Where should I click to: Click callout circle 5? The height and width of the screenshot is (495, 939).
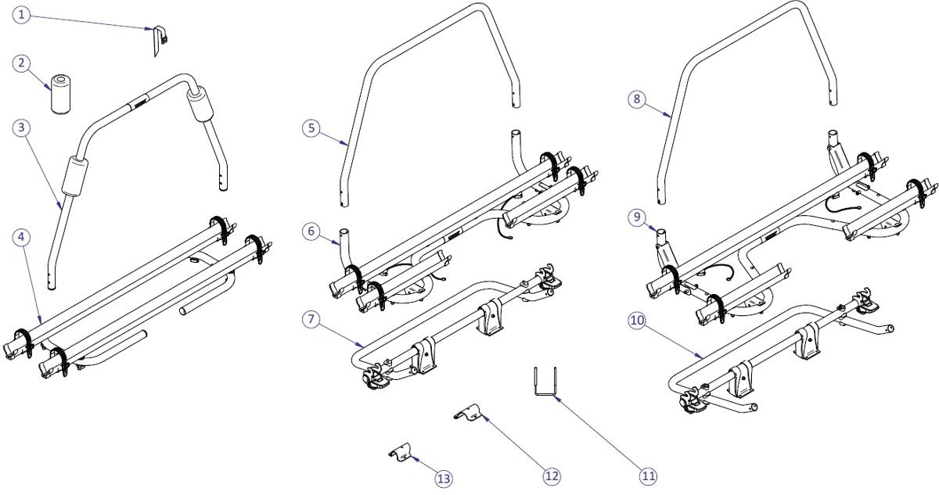pos(311,127)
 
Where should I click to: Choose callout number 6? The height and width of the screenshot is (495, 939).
pos(311,231)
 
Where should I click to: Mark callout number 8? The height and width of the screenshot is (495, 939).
pos(638,99)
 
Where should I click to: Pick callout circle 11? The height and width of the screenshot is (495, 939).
pos(649,475)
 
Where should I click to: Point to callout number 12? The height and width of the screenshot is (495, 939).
pos(551,474)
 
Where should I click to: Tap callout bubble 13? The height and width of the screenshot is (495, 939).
pos(444,478)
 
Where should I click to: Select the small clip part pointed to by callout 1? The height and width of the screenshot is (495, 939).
pos(158,41)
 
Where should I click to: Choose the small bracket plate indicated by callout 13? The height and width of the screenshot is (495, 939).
pos(401,452)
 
